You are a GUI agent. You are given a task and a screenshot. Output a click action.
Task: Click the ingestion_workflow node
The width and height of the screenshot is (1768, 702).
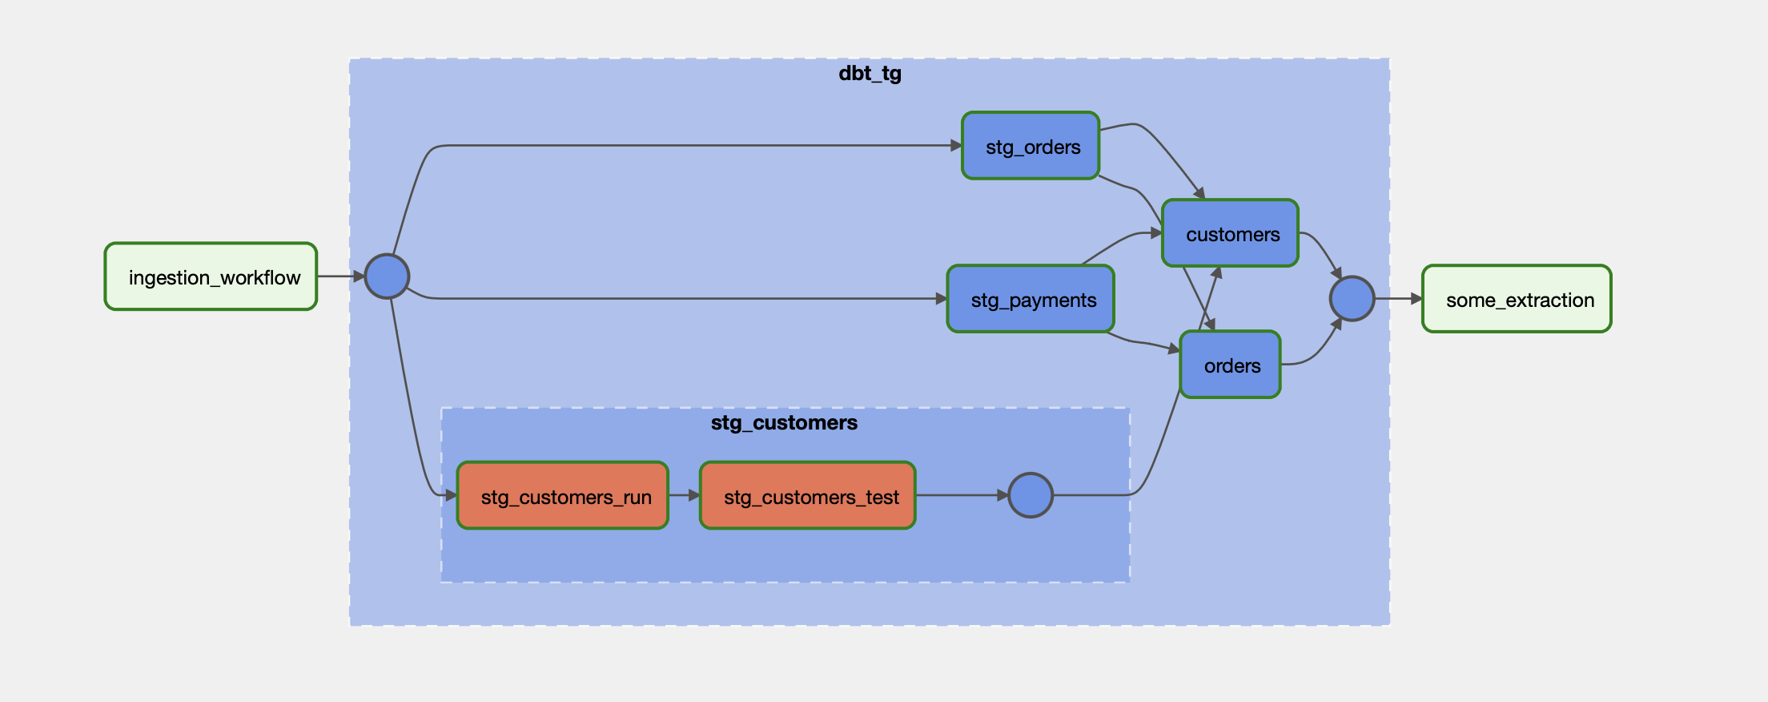[211, 276]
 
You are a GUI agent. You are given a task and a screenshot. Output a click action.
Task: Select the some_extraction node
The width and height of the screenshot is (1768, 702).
[1517, 299]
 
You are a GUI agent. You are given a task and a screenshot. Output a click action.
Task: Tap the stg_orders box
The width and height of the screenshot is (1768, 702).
[1031, 146]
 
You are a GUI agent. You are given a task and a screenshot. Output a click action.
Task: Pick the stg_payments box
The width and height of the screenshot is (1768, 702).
[1031, 299]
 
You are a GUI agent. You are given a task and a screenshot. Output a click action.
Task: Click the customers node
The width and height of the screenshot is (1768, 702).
[1230, 233]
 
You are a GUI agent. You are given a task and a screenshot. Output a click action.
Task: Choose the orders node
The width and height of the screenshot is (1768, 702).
[1230, 365]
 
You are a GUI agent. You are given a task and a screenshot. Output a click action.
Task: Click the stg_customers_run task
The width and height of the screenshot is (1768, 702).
[563, 496]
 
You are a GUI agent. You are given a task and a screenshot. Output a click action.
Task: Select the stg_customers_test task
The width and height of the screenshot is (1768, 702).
[808, 496]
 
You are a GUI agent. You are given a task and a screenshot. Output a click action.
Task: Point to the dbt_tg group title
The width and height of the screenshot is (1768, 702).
[870, 74]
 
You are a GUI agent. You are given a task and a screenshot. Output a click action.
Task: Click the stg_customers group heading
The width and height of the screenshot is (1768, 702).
[784, 423]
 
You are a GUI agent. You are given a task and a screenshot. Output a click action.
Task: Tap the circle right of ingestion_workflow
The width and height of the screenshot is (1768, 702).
[387, 276]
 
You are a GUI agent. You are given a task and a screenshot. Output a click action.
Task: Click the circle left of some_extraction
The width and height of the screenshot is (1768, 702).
[1352, 299]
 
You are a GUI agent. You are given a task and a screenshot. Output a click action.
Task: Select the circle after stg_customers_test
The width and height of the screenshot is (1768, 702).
[1031, 495]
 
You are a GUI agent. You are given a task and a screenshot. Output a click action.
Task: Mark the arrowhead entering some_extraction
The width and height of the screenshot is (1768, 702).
[1416, 299]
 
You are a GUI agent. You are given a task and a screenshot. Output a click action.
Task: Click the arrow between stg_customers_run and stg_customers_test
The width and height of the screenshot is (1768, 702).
[684, 495]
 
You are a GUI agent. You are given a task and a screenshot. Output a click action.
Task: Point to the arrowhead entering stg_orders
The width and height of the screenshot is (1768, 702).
[956, 146]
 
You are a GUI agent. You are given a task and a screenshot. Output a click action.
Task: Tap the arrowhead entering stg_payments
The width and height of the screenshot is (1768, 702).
[942, 299]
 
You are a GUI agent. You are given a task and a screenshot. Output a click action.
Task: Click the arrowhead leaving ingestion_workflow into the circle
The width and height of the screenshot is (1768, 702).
[359, 276]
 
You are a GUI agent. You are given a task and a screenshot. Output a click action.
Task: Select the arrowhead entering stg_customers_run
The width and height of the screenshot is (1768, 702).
[451, 496]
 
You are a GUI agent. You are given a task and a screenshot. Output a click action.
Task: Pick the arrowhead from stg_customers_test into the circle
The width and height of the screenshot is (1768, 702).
[1003, 495]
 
